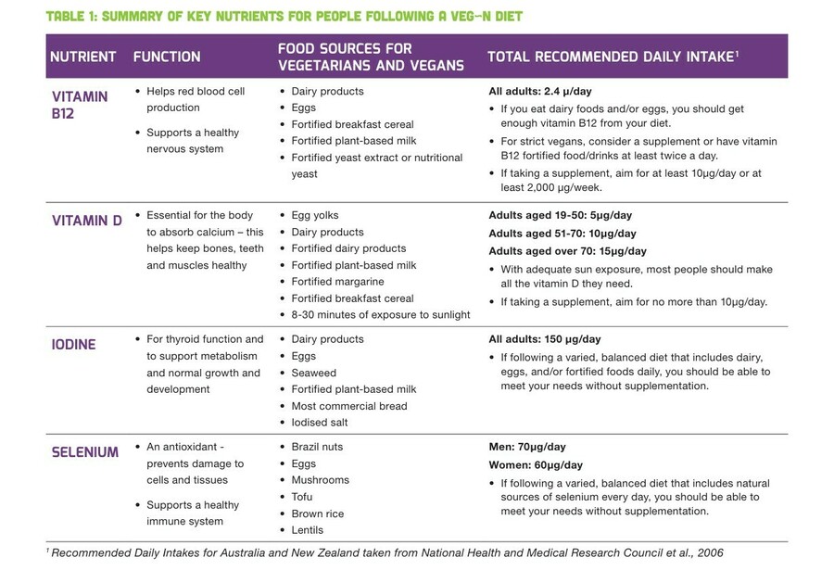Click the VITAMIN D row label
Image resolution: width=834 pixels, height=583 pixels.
85,222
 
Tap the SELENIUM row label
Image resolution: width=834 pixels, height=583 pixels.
84,452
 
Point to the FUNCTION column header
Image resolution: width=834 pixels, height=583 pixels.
167,57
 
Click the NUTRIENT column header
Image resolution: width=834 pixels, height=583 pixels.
82,57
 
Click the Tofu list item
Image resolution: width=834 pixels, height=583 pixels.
303,497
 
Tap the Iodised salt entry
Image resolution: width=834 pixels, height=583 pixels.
320,423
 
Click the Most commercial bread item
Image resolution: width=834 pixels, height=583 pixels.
348,406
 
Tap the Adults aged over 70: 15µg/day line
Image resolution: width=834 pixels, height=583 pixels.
567,251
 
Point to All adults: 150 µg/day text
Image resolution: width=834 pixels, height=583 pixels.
545,339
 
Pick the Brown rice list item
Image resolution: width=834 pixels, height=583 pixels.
317,513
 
